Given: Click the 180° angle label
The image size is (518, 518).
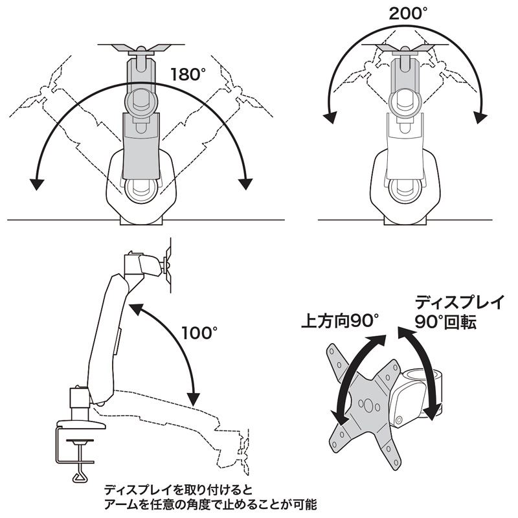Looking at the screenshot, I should [x=187, y=74].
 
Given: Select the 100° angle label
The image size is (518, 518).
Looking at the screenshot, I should [x=200, y=333].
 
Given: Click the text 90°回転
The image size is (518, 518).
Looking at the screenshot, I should [x=446, y=322].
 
